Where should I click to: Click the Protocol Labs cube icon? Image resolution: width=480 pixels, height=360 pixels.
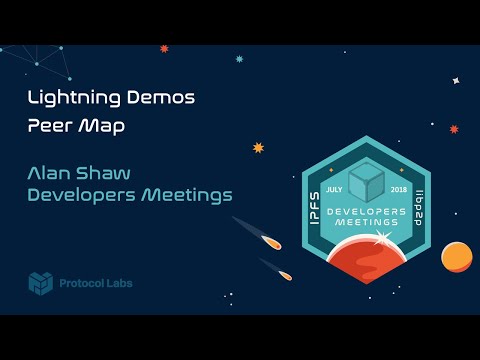[x=40, y=283]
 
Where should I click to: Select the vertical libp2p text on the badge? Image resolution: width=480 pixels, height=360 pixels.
[x=420, y=206]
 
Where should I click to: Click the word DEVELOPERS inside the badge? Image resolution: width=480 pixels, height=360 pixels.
[x=366, y=213]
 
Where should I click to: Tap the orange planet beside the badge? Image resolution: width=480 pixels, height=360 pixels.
[x=457, y=256]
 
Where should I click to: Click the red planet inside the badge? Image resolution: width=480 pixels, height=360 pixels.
[x=366, y=258]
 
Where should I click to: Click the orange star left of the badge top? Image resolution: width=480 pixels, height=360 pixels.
[x=258, y=147]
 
